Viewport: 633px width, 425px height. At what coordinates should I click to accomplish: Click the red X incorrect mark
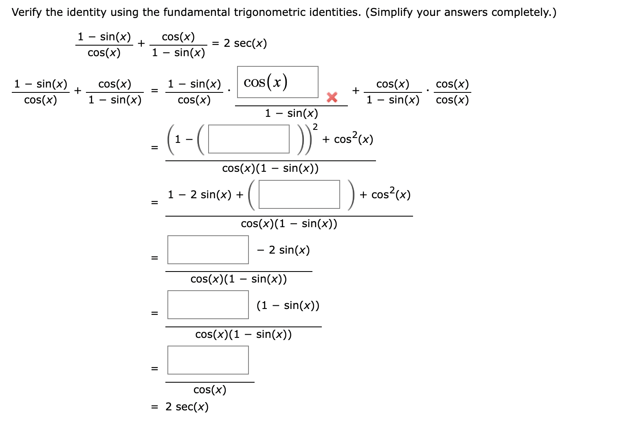point(332,97)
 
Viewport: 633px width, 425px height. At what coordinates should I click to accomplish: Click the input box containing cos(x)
point(277,82)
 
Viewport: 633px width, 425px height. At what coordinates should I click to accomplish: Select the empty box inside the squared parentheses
point(248,139)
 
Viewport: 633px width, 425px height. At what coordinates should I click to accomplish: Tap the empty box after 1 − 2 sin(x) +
point(299,195)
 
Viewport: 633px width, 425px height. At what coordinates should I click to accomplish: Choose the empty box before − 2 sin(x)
point(208,250)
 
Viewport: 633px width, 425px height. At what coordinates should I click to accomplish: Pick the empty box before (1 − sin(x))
point(208,305)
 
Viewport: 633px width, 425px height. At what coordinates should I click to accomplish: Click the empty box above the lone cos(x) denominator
point(208,360)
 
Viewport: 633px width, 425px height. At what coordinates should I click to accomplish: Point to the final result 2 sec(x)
point(187,407)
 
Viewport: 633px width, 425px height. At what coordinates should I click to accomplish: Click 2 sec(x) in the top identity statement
point(245,43)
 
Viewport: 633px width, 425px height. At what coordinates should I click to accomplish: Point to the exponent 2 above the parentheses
point(315,127)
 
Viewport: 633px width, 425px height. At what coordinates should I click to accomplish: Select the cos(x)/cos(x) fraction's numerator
point(452,84)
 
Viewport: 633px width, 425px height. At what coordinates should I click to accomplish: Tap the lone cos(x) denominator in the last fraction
point(210,390)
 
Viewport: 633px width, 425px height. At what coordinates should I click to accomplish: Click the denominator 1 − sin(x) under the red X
point(291,113)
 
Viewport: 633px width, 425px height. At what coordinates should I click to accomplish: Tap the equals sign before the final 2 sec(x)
point(154,407)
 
